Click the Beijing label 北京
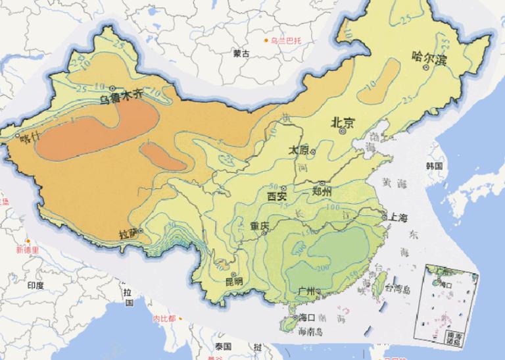coord(343,122)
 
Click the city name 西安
coord(277,195)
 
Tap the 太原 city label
coord(298,151)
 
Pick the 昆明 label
coord(233,281)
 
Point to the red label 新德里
coord(28,250)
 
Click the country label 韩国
coord(433,166)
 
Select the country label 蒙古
coord(241,53)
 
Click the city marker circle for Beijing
coord(343,132)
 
